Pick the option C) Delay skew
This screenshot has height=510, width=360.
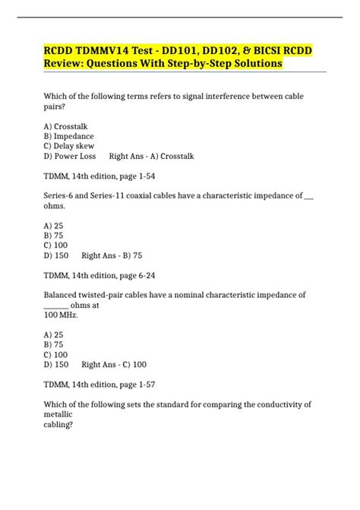[x=70, y=146]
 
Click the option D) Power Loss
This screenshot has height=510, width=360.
[x=71, y=157]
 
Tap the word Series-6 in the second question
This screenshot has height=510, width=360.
[x=60, y=196]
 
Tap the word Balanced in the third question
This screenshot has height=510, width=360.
[x=63, y=295]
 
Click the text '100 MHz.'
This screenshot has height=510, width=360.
[x=61, y=315]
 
